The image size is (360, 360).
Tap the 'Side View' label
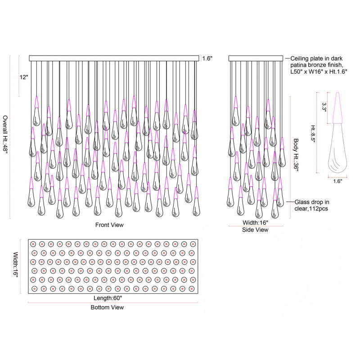click(256, 230)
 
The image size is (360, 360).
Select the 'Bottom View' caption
click(107, 307)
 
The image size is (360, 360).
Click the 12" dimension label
click(24, 77)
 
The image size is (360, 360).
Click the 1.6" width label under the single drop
click(337, 181)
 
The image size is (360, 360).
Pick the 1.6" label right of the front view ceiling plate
click(207, 58)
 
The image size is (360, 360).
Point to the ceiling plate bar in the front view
click(114, 58)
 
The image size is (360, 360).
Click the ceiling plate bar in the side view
click(256, 58)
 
